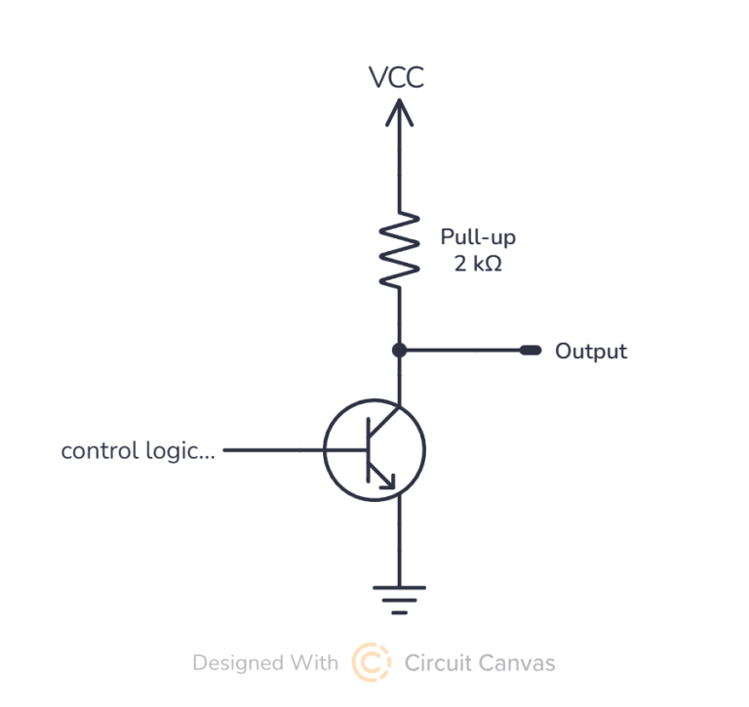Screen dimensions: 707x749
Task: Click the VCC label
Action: (x=397, y=77)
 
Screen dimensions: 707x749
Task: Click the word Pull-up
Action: (x=478, y=237)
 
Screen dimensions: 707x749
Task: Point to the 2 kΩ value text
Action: (x=478, y=264)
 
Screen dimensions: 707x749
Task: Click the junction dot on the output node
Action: (x=398, y=350)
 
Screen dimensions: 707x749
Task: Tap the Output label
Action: (x=591, y=351)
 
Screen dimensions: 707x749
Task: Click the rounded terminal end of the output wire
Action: (x=531, y=350)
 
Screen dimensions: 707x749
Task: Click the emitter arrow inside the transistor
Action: (x=387, y=478)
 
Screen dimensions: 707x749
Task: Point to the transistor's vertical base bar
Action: (x=367, y=450)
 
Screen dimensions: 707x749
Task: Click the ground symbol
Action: (x=398, y=599)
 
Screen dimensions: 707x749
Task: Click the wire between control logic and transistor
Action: (x=274, y=450)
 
